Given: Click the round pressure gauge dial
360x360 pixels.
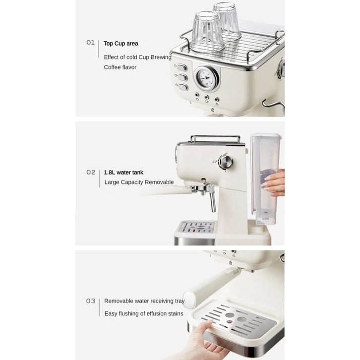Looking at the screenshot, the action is [x=206, y=78].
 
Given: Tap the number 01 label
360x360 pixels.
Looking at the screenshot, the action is [x=90, y=43].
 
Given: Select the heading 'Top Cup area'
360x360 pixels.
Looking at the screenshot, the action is [x=121, y=44].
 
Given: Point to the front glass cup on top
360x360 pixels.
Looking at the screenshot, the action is [x=207, y=32].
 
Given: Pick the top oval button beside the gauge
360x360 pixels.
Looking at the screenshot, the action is [x=182, y=68].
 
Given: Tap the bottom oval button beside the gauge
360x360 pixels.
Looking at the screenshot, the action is [x=183, y=87].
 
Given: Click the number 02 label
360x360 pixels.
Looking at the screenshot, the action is [x=91, y=172].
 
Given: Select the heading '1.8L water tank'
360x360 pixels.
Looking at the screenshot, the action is [x=123, y=173].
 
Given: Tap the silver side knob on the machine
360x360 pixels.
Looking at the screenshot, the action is [x=226, y=162].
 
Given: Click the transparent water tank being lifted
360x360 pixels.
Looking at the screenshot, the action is [x=265, y=179].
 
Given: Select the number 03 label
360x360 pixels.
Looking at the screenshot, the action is [x=90, y=301].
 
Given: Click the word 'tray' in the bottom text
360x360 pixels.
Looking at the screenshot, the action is [x=180, y=301].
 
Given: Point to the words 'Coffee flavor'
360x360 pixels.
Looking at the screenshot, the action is [x=120, y=67].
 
